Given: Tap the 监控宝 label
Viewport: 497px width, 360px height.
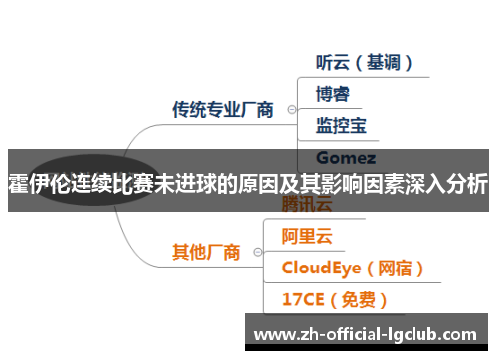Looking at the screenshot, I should coord(341,125).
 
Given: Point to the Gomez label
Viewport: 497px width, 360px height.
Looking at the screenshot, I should coord(345,157).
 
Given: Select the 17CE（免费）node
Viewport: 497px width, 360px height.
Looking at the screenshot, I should coord(334,298).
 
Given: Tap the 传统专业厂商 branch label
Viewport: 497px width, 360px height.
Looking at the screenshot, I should coord(224,109).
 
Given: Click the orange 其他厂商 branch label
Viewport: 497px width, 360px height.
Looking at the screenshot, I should coord(206,252).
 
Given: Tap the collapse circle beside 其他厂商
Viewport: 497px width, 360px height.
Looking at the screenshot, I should coord(257,253).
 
